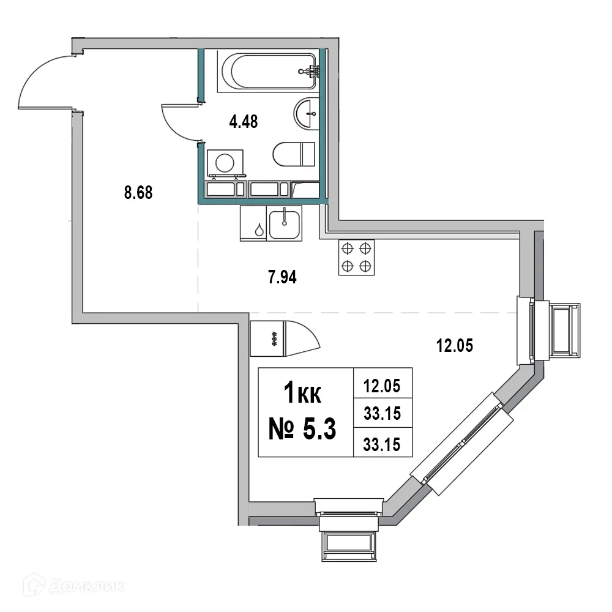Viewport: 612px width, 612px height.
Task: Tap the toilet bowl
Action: pos(293,154)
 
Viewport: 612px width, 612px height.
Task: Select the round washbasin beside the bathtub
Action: pos(306,113)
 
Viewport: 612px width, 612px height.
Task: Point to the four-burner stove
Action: pos(356,257)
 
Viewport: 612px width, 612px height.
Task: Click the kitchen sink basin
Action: pos(285,224)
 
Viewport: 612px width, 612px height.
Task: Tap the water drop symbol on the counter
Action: pos(260,230)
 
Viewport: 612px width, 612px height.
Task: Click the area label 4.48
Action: pos(243,122)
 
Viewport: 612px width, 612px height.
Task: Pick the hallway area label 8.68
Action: pos(138,193)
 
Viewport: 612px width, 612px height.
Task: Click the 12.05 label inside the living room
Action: pos(455,346)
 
